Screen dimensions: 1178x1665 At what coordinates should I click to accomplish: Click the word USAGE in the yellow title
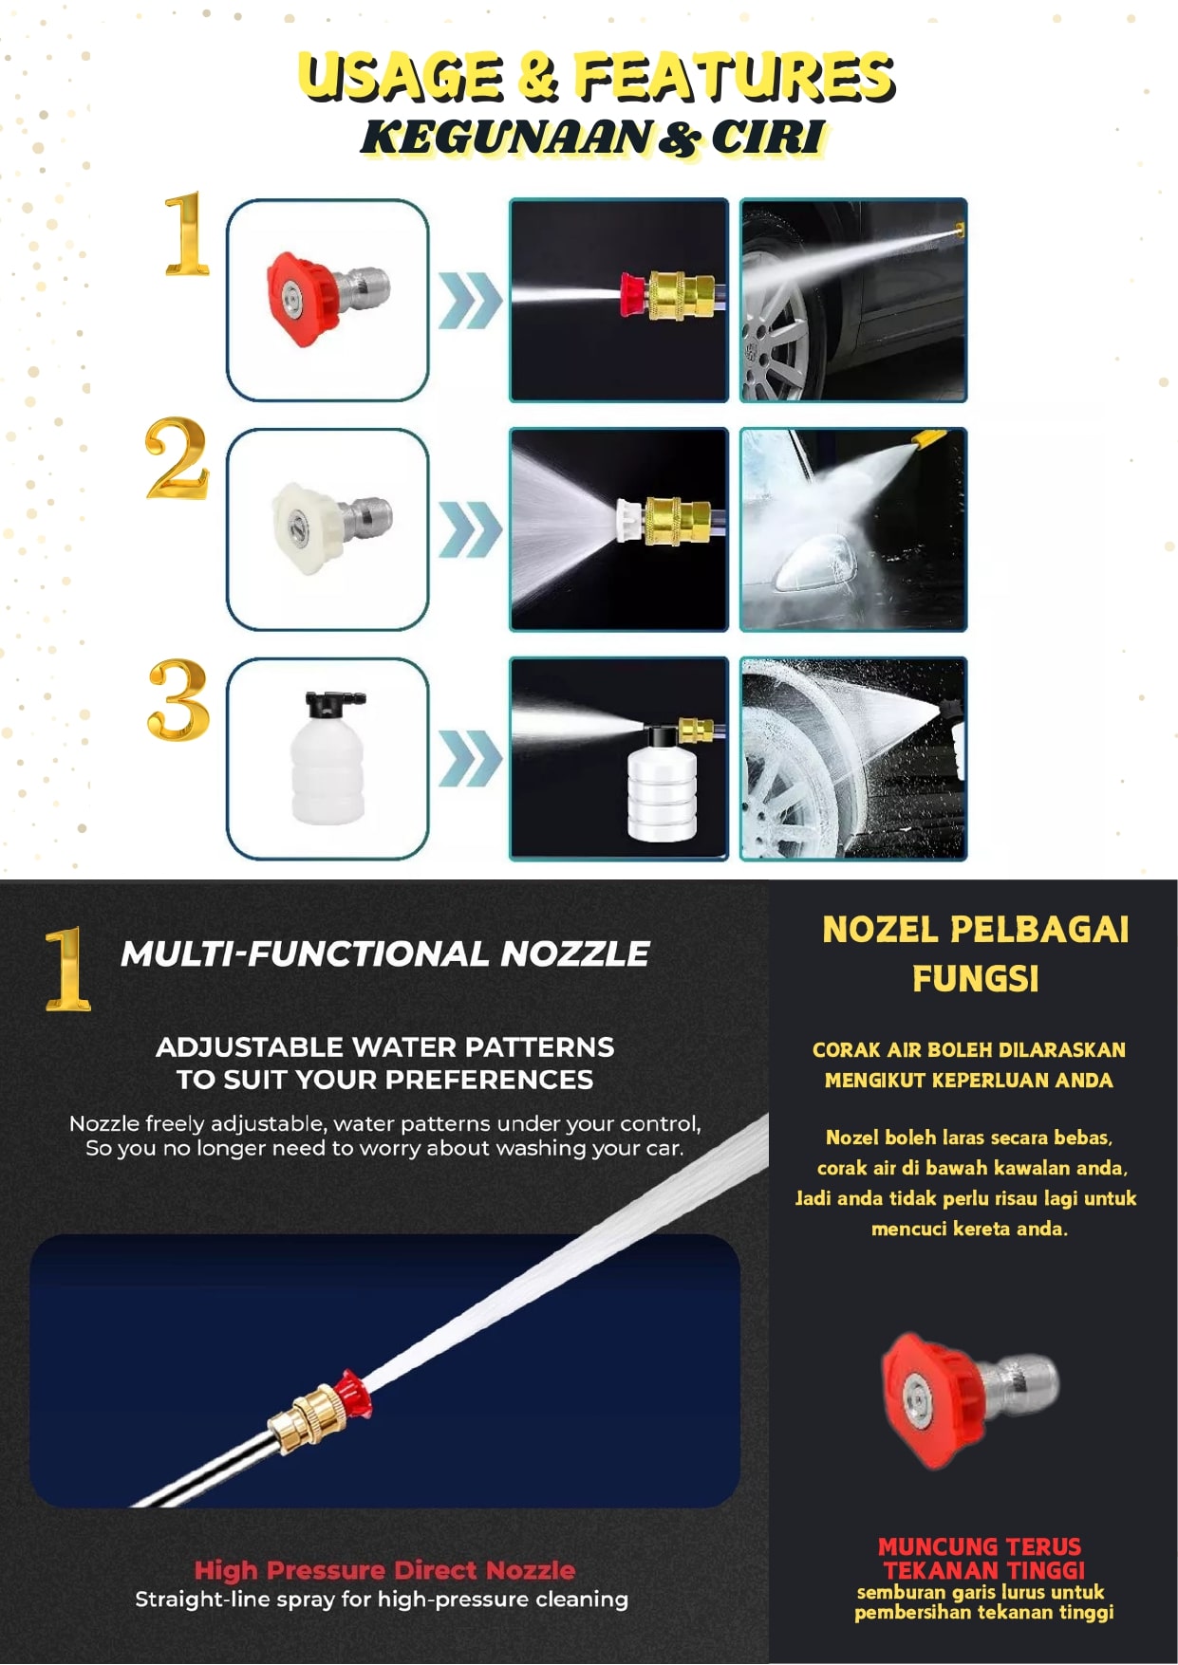click(400, 77)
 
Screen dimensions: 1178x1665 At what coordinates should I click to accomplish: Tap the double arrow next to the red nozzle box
click(470, 300)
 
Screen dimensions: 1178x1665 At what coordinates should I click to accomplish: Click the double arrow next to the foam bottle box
click(470, 758)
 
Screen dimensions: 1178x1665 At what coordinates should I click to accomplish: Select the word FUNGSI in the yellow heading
click(975, 978)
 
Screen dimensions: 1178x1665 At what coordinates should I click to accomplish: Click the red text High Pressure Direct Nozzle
click(384, 1570)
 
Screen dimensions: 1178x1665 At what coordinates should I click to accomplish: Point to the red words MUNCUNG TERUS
click(980, 1546)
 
